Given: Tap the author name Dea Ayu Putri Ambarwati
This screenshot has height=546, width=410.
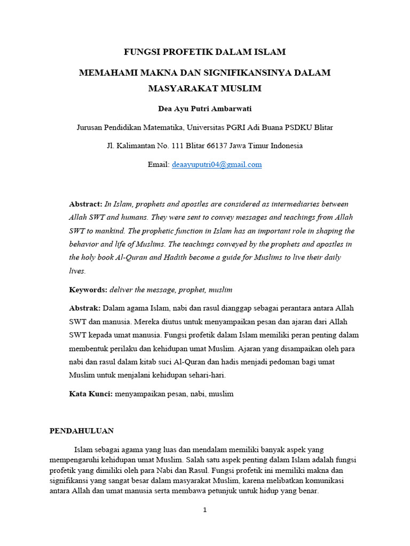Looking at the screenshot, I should (x=205, y=109).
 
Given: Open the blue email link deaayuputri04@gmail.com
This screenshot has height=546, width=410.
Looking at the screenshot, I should (x=217, y=165).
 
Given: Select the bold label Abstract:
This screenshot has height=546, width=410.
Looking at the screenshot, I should (x=85, y=204).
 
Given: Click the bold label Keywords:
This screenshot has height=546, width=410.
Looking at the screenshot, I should (x=88, y=290).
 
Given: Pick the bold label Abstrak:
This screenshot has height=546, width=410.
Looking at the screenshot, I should (x=85, y=308).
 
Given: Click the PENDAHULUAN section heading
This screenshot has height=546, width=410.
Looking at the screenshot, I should (x=82, y=431).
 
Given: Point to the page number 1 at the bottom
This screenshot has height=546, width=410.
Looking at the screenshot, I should (x=204, y=510).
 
